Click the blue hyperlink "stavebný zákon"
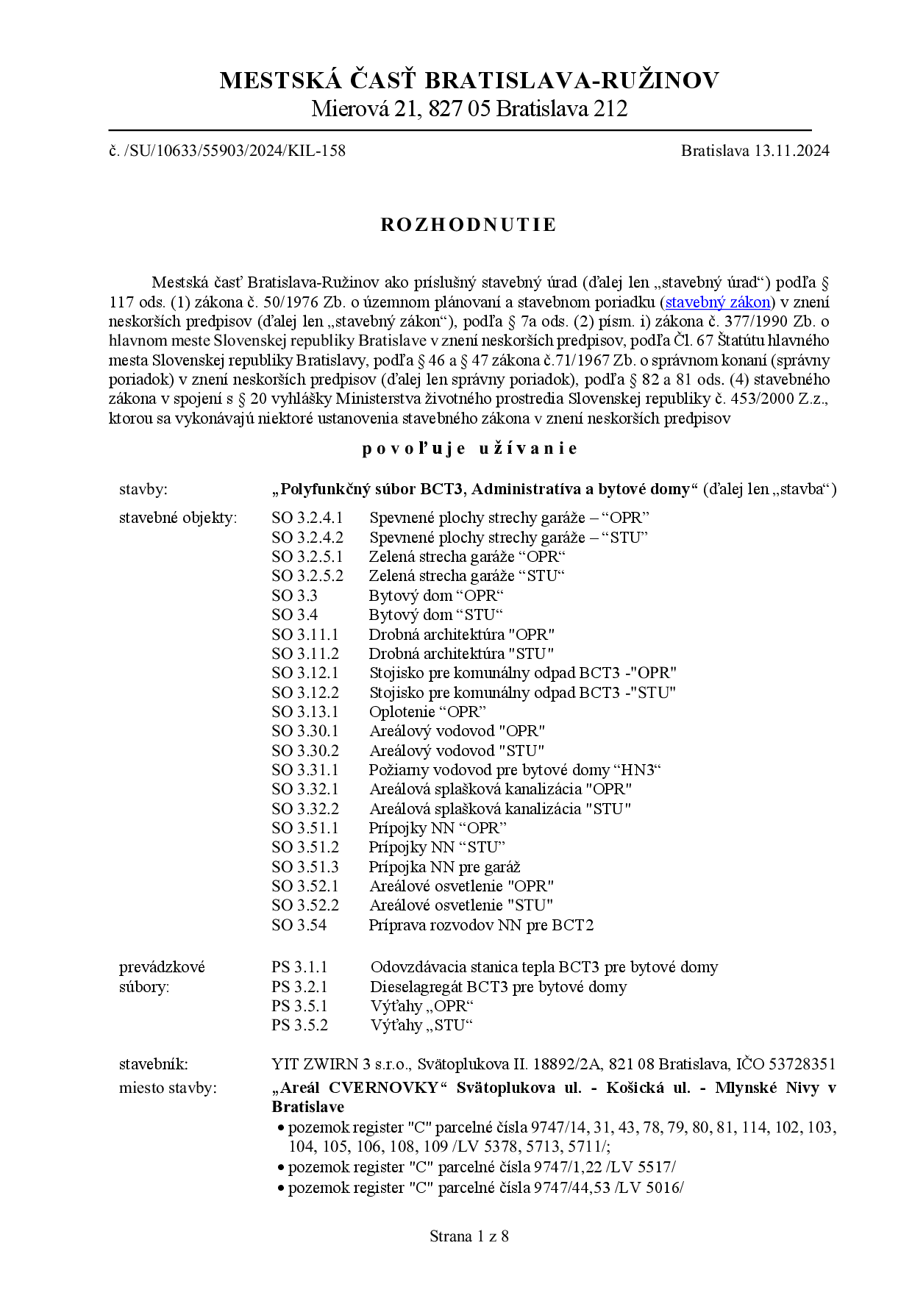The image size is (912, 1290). pyautogui.click(x=718, y=302)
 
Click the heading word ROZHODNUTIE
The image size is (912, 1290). pyautogui.click(x=469, y=225)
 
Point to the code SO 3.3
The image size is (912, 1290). pyautogui.click(x=294, y=596)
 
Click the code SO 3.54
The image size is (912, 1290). pyautogui.click(x=299, y=925)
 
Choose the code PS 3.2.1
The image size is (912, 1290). pyautogui.click(x=299, y=987)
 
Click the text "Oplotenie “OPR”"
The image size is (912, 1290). pyautogui.click(x=427, y=712)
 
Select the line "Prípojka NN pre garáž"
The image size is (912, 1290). pyautogui.click(x=444, y=867)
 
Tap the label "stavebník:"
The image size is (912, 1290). pyautogui.click(x=154, y=1064)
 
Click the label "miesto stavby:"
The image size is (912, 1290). pyautogui.click(x=168, y=1088)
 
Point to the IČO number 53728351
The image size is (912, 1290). pyautogui.click(x=801, y=1064)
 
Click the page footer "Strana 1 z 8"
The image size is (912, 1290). pyautogui.click(x=469, y=1236)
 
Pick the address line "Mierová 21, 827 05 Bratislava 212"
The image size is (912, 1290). pyautogui.click(x=469, y=109)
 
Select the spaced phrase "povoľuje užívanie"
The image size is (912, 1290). pyautogui.click(x=469, y=449)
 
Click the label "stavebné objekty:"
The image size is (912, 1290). pyautogui.click(x=178, y=518)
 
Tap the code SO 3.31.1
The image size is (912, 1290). pyautogui.click(x=305, y=770)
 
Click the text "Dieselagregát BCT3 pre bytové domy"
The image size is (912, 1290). pyautogui.click(x=498, y=987)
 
